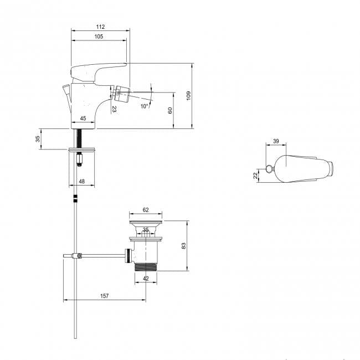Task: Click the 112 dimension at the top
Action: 100,27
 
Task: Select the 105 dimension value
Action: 99,37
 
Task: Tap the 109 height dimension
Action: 188,96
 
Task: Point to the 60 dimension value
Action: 171,110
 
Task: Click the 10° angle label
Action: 144,106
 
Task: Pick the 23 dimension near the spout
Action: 114,110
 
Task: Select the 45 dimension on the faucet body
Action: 83,119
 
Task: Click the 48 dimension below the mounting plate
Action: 82,181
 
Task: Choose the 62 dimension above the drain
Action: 146,210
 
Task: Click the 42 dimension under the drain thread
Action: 146,279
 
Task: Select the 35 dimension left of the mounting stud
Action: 38,139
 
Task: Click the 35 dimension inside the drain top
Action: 146,229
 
